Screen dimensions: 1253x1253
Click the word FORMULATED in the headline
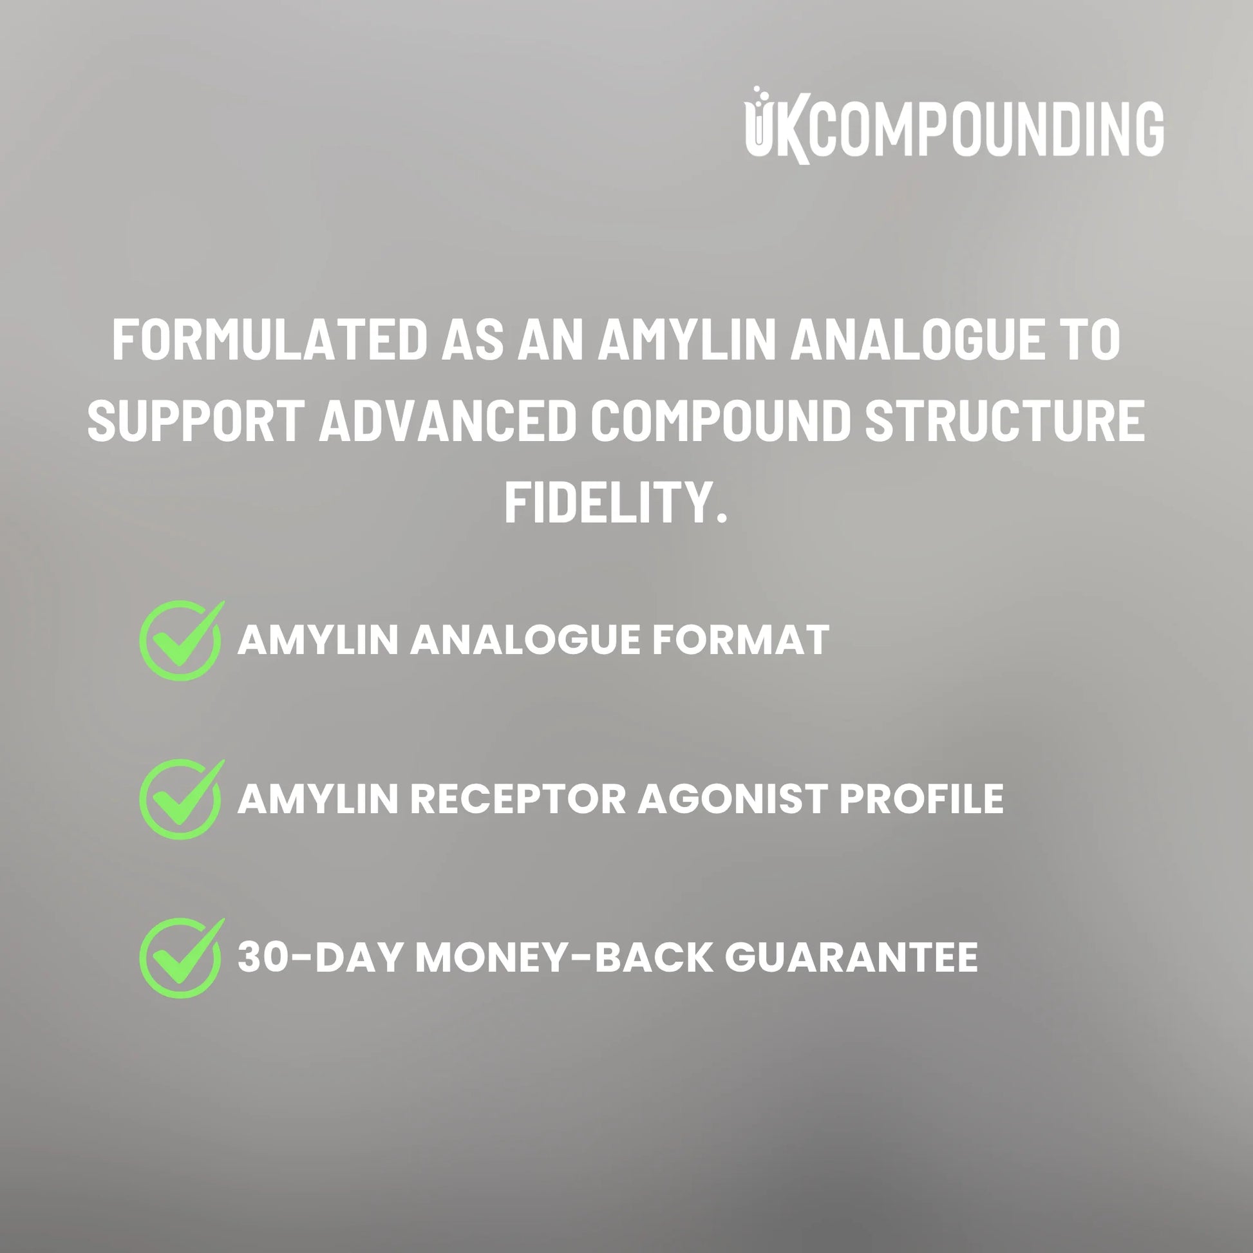click(270, 340)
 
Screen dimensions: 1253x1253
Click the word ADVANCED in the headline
click(448, 420)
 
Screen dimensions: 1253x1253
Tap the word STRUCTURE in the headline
click(1005, 420)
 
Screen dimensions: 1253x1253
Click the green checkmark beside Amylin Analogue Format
click(182, 639)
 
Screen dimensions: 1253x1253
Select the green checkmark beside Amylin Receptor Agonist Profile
click(182, 798)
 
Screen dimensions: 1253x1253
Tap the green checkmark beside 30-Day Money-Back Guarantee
click(182, 957)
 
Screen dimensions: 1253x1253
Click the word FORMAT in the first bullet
click(740, 640)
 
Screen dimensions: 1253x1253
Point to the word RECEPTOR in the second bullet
click(518, 798)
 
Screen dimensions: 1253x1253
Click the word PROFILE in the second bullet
click(921, 798)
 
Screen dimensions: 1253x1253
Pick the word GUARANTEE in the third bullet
click(851, 957)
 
